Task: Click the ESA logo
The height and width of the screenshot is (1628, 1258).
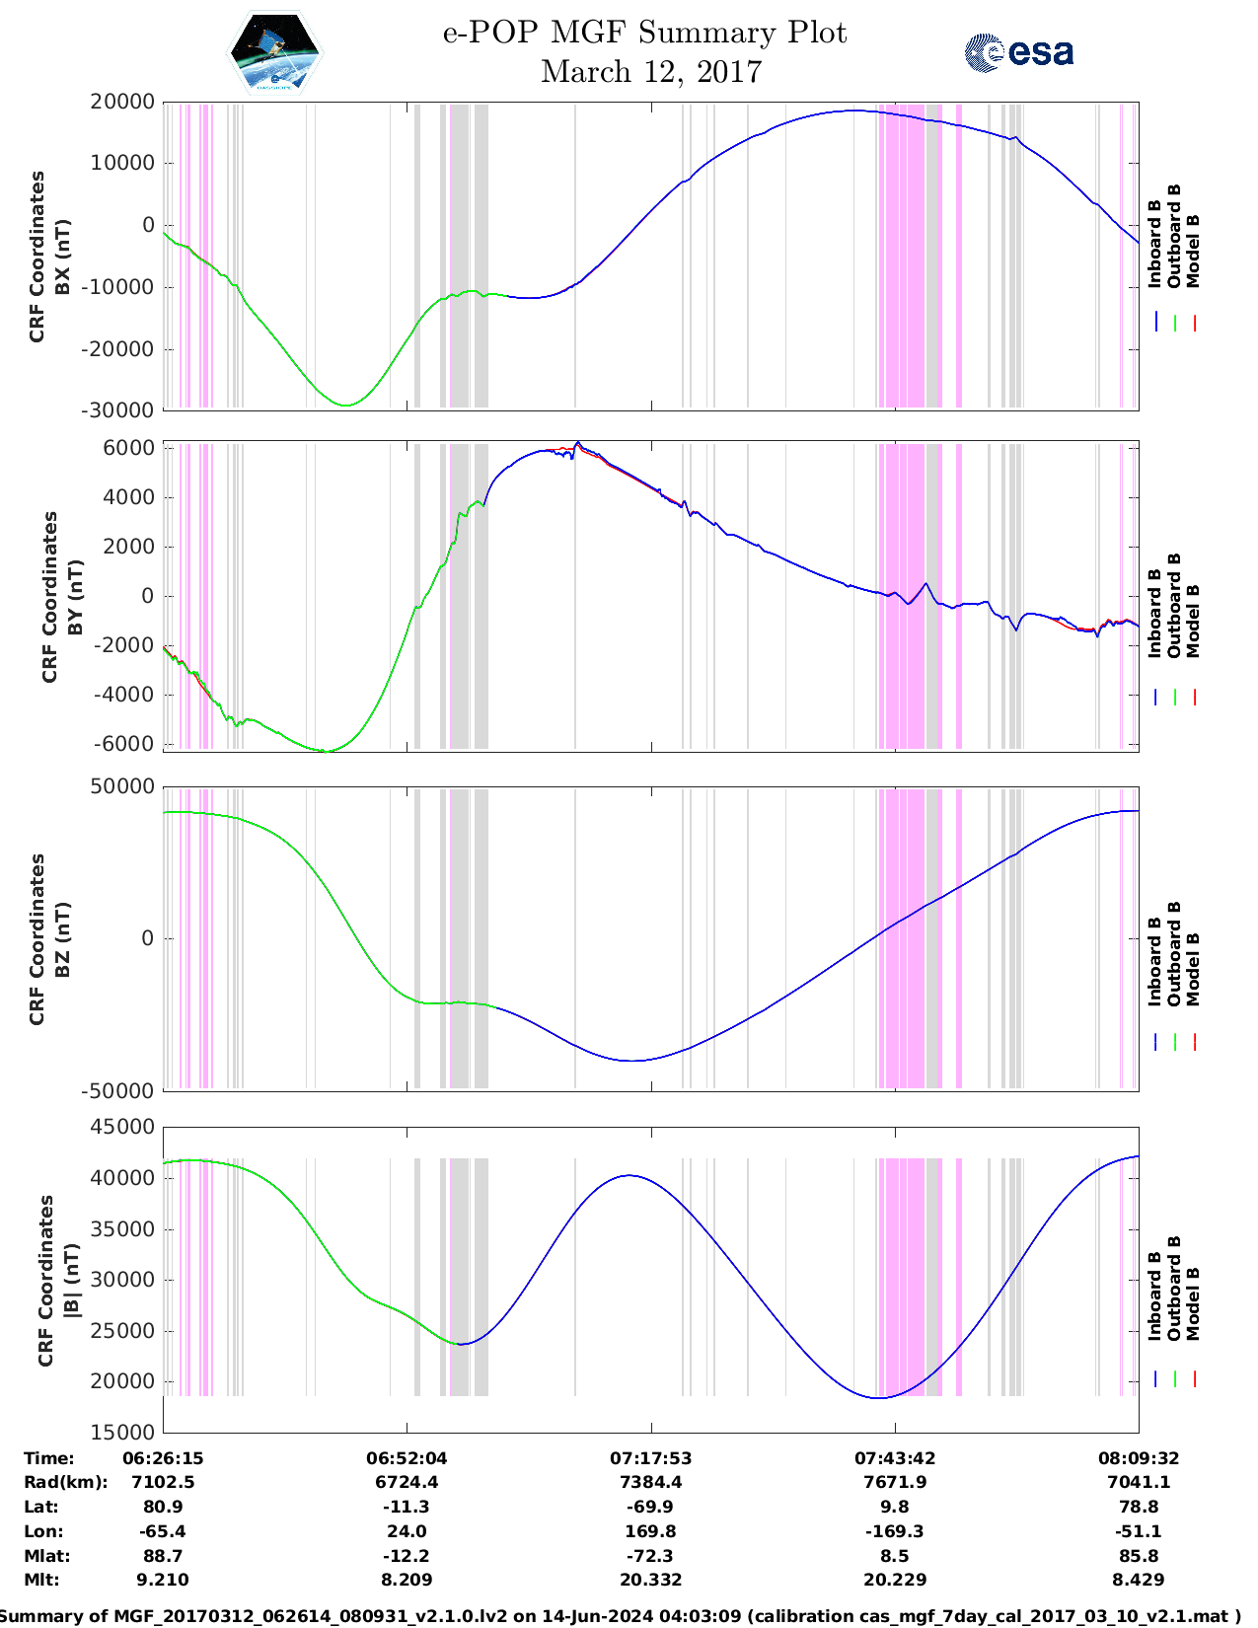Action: (1018, 52)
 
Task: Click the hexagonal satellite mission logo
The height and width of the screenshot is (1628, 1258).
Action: (274, 54)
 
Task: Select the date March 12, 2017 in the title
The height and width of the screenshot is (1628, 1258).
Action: (651, 72)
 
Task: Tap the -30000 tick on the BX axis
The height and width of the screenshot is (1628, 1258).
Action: (123, 410)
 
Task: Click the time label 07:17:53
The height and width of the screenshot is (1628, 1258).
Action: (651, 1458)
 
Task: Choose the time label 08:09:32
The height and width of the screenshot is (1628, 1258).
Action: (1139, 1458)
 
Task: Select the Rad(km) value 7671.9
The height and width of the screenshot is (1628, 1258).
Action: (895, 1482)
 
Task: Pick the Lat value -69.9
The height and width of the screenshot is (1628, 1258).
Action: (651, 1507)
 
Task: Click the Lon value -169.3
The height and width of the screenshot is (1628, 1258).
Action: (895, 1531)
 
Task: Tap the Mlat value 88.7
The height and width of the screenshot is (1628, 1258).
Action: (163, 1556)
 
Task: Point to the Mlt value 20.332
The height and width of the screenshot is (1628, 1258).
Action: (651, 1580)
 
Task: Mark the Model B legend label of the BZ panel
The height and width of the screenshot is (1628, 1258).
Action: (1193, 969)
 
